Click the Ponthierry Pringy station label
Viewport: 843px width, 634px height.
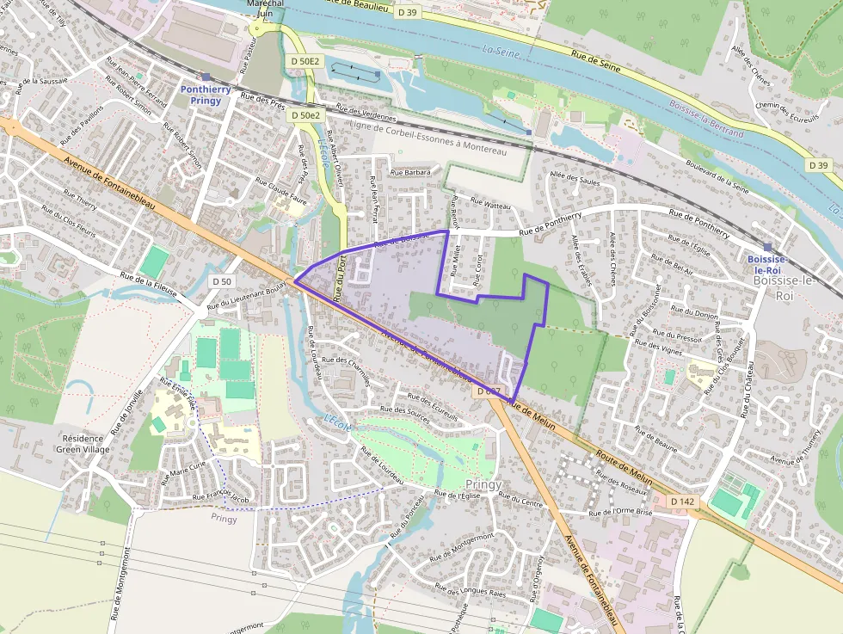pos(200,95)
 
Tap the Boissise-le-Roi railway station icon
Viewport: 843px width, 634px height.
pos(767,247)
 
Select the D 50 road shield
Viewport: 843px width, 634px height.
pos(221,281)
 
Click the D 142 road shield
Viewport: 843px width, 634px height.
pos(682,502)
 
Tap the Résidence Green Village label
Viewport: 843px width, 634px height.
pos(83,444)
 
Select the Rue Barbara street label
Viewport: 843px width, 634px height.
pos(409,172)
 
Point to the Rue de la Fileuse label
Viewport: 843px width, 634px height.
pos(149,285)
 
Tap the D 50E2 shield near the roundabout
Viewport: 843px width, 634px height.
pos(305,61)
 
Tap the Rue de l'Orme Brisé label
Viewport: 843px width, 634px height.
pos(621,512)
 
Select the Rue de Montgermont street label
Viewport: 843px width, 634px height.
pos(459,543)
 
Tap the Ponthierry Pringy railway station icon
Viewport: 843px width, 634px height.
pos(206,77)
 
